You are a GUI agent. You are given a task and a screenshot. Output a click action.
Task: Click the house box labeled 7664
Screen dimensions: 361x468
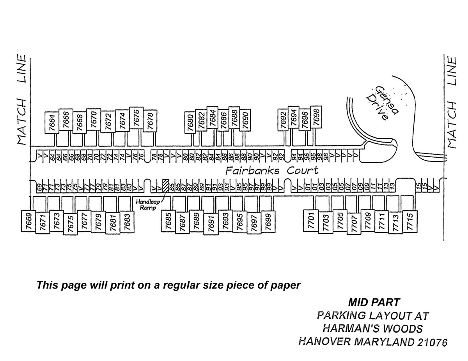(x=52, y=122)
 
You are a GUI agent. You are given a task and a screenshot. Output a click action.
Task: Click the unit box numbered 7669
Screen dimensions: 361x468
(x=28, y=221)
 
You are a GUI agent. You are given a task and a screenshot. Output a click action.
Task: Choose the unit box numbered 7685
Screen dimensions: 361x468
(x=168, y=221)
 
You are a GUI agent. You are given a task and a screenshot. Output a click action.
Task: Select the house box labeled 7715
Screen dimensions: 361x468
(x=409, y=221)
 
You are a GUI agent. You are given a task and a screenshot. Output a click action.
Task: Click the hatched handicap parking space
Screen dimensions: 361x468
(x=165, y=185)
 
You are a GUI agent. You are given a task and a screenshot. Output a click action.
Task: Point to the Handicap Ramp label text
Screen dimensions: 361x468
(x=146, y=205)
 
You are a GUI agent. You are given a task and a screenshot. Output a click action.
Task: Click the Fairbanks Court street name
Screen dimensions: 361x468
(x=272, y=171)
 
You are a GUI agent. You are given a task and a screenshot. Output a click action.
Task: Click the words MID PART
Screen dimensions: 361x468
(x=374, y=302)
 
